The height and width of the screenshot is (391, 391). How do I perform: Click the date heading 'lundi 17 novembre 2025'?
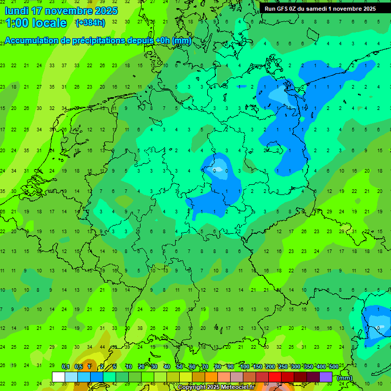coord(61,11)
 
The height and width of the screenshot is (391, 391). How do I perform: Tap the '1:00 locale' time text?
coord(36,23)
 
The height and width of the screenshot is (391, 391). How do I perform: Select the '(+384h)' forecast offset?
coord(90,23)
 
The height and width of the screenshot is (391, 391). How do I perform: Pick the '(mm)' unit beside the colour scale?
coord(345,378)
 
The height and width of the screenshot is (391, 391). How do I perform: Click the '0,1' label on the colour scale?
coord(65,367)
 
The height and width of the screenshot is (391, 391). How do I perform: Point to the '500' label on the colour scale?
coord(333,367)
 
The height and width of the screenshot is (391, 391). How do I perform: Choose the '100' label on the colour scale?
coord(245,367)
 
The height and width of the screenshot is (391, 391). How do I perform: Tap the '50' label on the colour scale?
coord(180,367)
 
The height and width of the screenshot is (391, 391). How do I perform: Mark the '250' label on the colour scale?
coord(283,367)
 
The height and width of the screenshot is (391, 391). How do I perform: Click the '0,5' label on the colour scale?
coord(78,367)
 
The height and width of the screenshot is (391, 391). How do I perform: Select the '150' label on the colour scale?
coord(258,367)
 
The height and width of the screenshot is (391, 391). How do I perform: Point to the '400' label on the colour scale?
coord(321,367)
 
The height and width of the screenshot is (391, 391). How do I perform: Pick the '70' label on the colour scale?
coord(205,367)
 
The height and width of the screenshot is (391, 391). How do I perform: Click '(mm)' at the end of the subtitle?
coord(181,41)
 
